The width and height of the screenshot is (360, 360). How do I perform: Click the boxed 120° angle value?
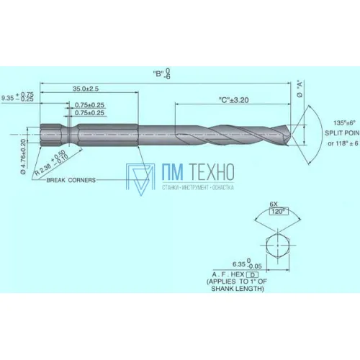click(x=274, y=212)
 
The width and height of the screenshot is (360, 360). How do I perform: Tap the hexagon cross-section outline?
click(x=274, y=245)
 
